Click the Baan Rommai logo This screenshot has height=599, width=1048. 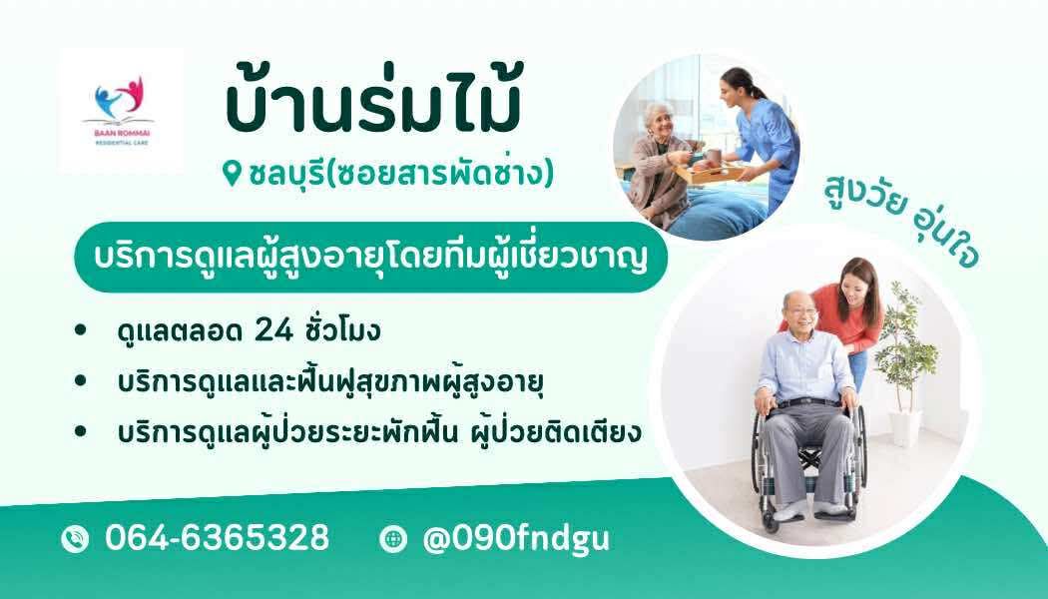pos(121,111)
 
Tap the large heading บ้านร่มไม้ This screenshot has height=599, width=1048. pos(373,104)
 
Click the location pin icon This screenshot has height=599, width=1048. pos(232,174)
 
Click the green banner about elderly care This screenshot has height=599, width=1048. pos(371,257)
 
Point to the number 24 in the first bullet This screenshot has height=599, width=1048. pos(274,330)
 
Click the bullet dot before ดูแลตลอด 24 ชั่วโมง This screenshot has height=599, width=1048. pos(81,329)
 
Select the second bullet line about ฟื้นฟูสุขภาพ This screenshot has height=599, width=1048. pos(330,381)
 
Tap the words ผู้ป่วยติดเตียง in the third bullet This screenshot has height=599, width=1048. pos(556,430)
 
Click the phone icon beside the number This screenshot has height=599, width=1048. pos(75,539)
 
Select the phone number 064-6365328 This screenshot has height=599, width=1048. pos(218,537)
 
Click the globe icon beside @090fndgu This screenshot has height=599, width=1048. pos(393,539)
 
